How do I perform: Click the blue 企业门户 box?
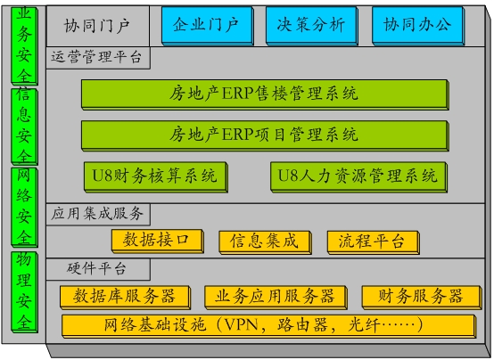pos(207,26)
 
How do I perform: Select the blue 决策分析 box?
pos(311,26)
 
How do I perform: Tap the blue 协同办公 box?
pos(417,26)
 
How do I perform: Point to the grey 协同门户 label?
pos(98,26)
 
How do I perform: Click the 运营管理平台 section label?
pos(98,58)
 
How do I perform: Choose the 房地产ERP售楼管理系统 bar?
pos(265,94)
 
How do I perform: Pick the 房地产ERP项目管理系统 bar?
pos(265,135)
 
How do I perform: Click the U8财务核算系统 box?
pos(156,176)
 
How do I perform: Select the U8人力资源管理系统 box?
pos(358,176)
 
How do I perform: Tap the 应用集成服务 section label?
pos(98,214)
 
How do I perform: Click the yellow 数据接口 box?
pos(157,241)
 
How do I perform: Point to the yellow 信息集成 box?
pos(265,241)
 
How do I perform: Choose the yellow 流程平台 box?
pos(374,241)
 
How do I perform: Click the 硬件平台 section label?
pos(98,269)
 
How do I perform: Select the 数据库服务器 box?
pos(125,297)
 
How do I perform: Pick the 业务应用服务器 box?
pos(276,297)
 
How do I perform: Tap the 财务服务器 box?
pos(422,297)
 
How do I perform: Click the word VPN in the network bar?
pos(242,324)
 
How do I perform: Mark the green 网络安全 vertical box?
pos(24,207)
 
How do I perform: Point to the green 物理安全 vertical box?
pos(24,292)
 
